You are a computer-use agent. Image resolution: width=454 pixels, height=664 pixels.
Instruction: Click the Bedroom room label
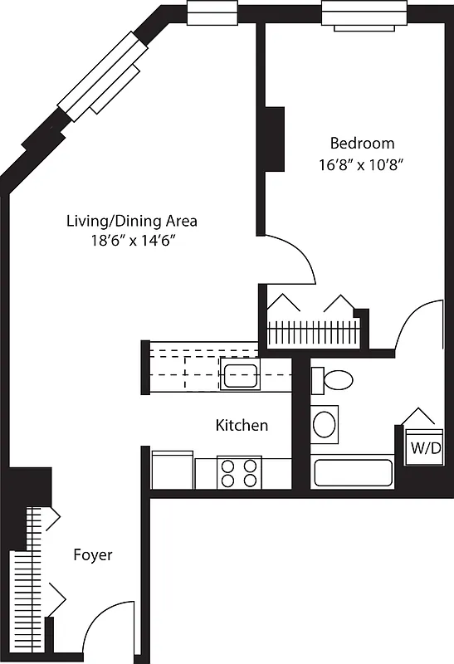[x=362, y=143]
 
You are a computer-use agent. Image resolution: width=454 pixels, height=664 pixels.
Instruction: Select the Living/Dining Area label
[x=132, y=221]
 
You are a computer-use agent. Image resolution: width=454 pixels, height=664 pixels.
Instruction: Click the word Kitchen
[x=242, y=426]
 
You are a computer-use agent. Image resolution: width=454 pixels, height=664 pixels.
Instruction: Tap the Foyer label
[x=93, y=555]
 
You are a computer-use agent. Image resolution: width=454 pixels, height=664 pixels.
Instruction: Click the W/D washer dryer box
[x=425, y=449]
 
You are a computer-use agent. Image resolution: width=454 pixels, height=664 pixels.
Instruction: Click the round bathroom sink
[x=325, y=423]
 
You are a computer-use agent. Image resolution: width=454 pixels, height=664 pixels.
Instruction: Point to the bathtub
[x=353, y=473]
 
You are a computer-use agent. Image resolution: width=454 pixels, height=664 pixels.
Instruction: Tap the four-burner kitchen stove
[x=239, y=473]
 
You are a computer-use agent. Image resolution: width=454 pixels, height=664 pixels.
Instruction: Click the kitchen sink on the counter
[x=241, y=374]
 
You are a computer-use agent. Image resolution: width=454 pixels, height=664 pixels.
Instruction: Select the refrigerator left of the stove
[x=173, y=471]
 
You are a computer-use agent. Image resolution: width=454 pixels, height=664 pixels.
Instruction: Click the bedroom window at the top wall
[x=364, y=14]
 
